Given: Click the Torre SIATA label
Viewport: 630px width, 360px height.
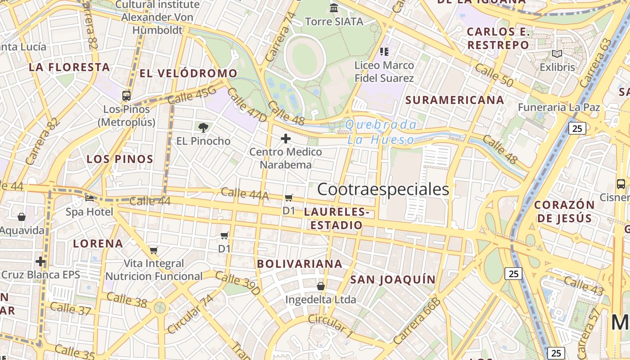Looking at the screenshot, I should [334, 22].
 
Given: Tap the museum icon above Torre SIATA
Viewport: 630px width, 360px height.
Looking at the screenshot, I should [334, 8].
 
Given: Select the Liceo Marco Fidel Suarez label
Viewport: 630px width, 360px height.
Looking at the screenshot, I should [384, 72].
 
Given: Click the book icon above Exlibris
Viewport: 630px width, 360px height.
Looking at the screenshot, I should [557, 54].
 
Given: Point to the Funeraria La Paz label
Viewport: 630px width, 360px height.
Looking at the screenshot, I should [559, 108].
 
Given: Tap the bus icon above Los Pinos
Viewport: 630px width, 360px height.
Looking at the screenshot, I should [126, 95].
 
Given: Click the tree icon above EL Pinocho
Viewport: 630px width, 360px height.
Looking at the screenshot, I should [203, 127].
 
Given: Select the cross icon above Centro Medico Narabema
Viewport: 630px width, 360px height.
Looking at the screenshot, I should [285, 139].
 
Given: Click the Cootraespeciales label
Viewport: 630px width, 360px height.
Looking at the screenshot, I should [383, 189].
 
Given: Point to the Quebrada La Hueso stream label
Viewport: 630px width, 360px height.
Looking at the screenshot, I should [381, 132].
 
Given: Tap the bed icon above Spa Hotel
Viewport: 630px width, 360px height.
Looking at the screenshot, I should [90, 198].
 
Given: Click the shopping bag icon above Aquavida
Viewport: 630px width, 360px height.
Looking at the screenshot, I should [21, 217].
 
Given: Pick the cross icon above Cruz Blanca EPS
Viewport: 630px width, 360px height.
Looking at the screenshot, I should [40, 261].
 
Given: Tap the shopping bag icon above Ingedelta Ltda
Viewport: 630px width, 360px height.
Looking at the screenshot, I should [321, 286].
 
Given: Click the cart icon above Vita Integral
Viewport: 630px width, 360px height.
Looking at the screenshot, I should [154, 250].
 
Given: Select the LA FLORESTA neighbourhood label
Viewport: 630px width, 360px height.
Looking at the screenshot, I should [69, 67].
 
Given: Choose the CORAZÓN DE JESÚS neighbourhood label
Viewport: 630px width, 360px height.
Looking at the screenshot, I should [564, 211].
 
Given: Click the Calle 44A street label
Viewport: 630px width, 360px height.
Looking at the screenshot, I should [245, 194].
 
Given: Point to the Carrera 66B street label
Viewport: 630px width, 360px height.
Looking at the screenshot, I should [416, 321].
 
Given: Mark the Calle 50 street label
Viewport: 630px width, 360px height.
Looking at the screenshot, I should [494, 75].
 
